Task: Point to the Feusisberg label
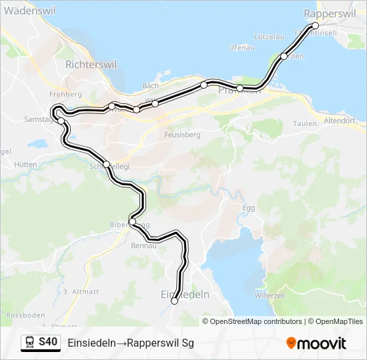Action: (181, 134)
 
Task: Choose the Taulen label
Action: (304, 123)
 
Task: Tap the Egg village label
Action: (248, 208)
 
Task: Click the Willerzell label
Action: (270, 294)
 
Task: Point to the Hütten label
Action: (25, 164)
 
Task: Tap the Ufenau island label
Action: (241, 47)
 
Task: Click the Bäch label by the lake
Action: (150, 86)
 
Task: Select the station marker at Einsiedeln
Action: (175, 301)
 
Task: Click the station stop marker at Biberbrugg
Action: (132, 222)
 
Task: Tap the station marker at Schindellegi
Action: (106, 164)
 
